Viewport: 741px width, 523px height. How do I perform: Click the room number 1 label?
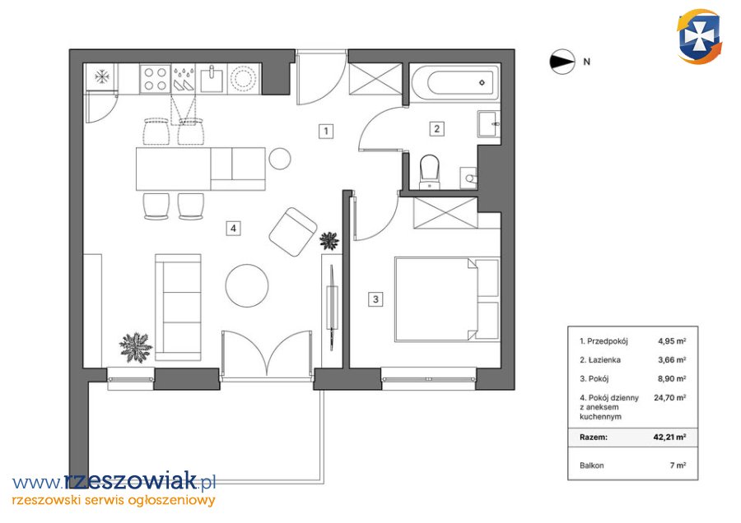pyautogui.click(x=325, y=131)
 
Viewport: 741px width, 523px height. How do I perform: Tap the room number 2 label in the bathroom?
pyautogui.click(x=436, y=128)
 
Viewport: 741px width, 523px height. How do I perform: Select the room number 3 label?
pyautogui.click(x=375, y=299)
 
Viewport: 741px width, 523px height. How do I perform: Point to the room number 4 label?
pyautogui.click(x=233, y=229)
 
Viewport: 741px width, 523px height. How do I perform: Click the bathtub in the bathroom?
pyautogui.click(x=454, y=82)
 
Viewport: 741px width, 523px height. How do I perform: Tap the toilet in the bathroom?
pyautogui.click(x=430, y=172)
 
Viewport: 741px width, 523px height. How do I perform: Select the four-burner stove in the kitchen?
pyautogui.click(x=156, y=79)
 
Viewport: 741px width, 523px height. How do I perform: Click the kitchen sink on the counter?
pyautogui.click(x=212, y=79)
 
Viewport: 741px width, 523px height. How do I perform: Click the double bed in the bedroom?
pyautogui.click(x=447, y=299)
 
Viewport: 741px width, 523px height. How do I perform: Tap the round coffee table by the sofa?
pyautogui.click(x=247, y=285)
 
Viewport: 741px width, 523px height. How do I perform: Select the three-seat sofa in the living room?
pyautogui.click(x=178, y=308)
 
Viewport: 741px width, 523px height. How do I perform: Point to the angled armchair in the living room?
pyautogui.click(x=293, y=232)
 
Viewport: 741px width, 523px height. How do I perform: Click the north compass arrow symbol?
pyautogui.click(x=562, y=62)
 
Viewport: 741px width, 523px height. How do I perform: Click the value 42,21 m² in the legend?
pyautogui.click(x=669, y=437)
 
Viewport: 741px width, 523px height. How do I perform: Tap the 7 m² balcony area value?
pyautogui.click(x=678, y=465)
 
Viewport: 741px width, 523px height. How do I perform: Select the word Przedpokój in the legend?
pyautogui.click(x=608, y=340)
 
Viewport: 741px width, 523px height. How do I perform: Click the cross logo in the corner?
pyautogui.click(x=699, y=36)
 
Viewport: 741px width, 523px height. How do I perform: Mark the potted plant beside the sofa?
pyautogui.click(x=136, y=347)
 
